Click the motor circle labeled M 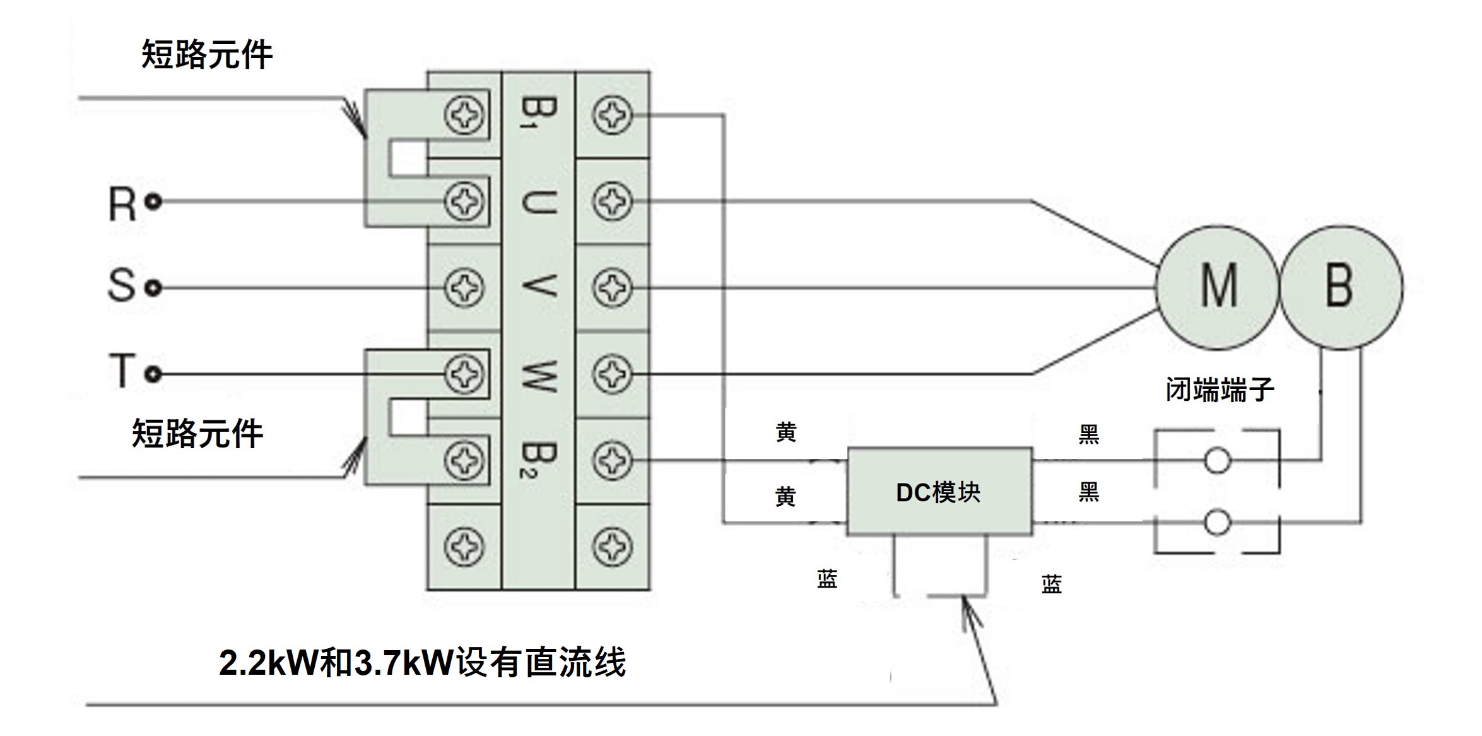1218,287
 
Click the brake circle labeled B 1340,287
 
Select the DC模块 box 939,492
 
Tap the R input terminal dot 153,202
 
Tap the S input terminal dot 153,288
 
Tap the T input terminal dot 153,374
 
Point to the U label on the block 538,202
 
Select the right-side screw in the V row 612,288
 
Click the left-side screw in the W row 465,374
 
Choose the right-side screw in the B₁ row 612,116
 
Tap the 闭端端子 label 1220,389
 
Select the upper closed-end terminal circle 1217,460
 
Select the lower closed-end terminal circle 1217,523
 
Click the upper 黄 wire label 786,433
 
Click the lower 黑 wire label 1089,492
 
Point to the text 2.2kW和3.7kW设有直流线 422,663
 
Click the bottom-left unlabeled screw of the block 465,547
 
